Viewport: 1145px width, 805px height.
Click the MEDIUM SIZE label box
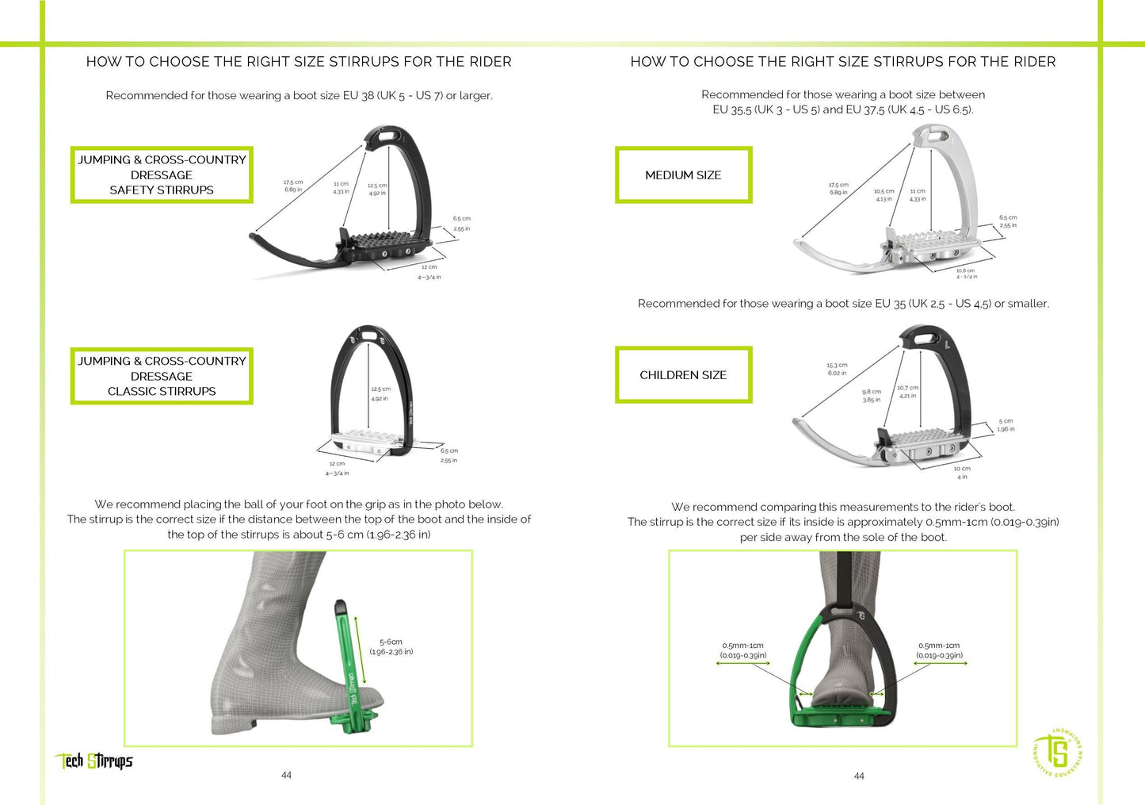click(683, 175)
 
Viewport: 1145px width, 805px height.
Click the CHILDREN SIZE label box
click(683, 375)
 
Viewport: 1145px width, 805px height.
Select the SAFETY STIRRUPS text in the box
click(162, 190)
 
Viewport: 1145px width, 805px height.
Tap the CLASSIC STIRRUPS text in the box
click(162, 392)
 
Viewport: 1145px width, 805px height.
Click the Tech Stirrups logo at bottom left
click(94, 761)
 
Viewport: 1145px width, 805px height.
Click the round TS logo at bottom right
click(1058, 752)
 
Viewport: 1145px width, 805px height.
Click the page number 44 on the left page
click(286, 775)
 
